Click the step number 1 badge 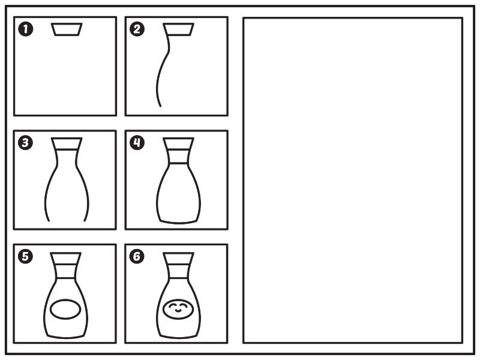[25, 29]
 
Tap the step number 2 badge [137, 29]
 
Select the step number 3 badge [25, 143]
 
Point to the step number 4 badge [137, 143]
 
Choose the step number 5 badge [25, 256]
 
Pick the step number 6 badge [137, 256]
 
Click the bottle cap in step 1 [67, 29]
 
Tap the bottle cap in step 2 [178, 29]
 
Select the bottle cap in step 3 [67, 144]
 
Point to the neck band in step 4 [178, 157]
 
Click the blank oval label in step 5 [65, 310]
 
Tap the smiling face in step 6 [178, 309]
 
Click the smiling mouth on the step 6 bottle [178, 311]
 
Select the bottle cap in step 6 [178, 259]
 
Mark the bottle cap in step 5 [65, 259]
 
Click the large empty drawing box [353, 181]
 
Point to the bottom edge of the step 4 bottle [178, 222]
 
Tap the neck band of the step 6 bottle [178, 271]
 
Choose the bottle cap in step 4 [178, 144]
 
